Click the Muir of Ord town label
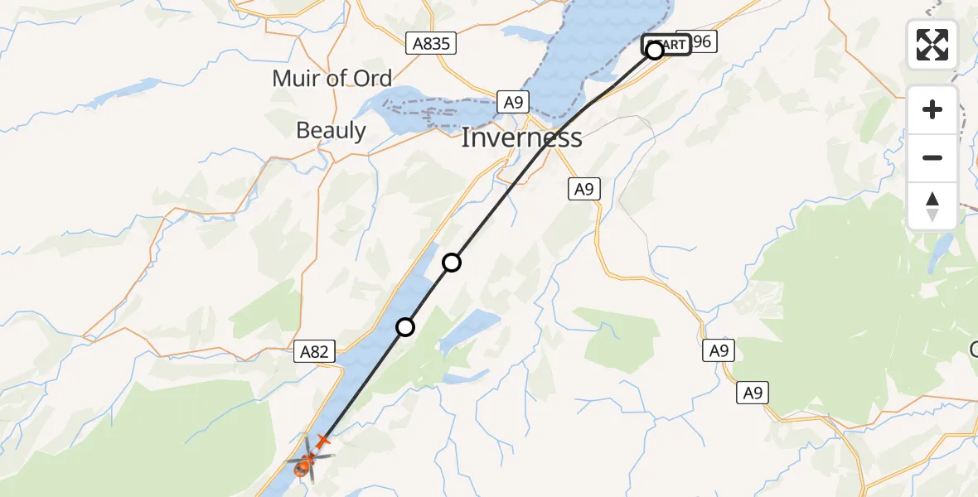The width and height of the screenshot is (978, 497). (332, 79)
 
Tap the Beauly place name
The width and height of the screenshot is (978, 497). (331, 130)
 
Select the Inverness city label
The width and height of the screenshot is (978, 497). (521, 137)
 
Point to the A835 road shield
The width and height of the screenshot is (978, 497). (432, 43)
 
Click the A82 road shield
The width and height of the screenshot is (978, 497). (314, 352)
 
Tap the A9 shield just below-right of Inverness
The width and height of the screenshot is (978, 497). (584, 189)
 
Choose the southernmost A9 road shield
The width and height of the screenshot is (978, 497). (753, 393)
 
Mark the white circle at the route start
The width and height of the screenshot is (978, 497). (655, 51)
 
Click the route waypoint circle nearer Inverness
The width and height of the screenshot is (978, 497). (452, 263)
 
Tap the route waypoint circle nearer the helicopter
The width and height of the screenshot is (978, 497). (405, 327)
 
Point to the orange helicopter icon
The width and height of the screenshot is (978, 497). (304, 466)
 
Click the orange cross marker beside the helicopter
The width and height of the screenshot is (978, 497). (322, 441)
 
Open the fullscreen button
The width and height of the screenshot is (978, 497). (932, 45)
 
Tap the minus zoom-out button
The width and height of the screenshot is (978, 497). (932, 157)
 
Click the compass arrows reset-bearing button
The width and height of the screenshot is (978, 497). (932, 206)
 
